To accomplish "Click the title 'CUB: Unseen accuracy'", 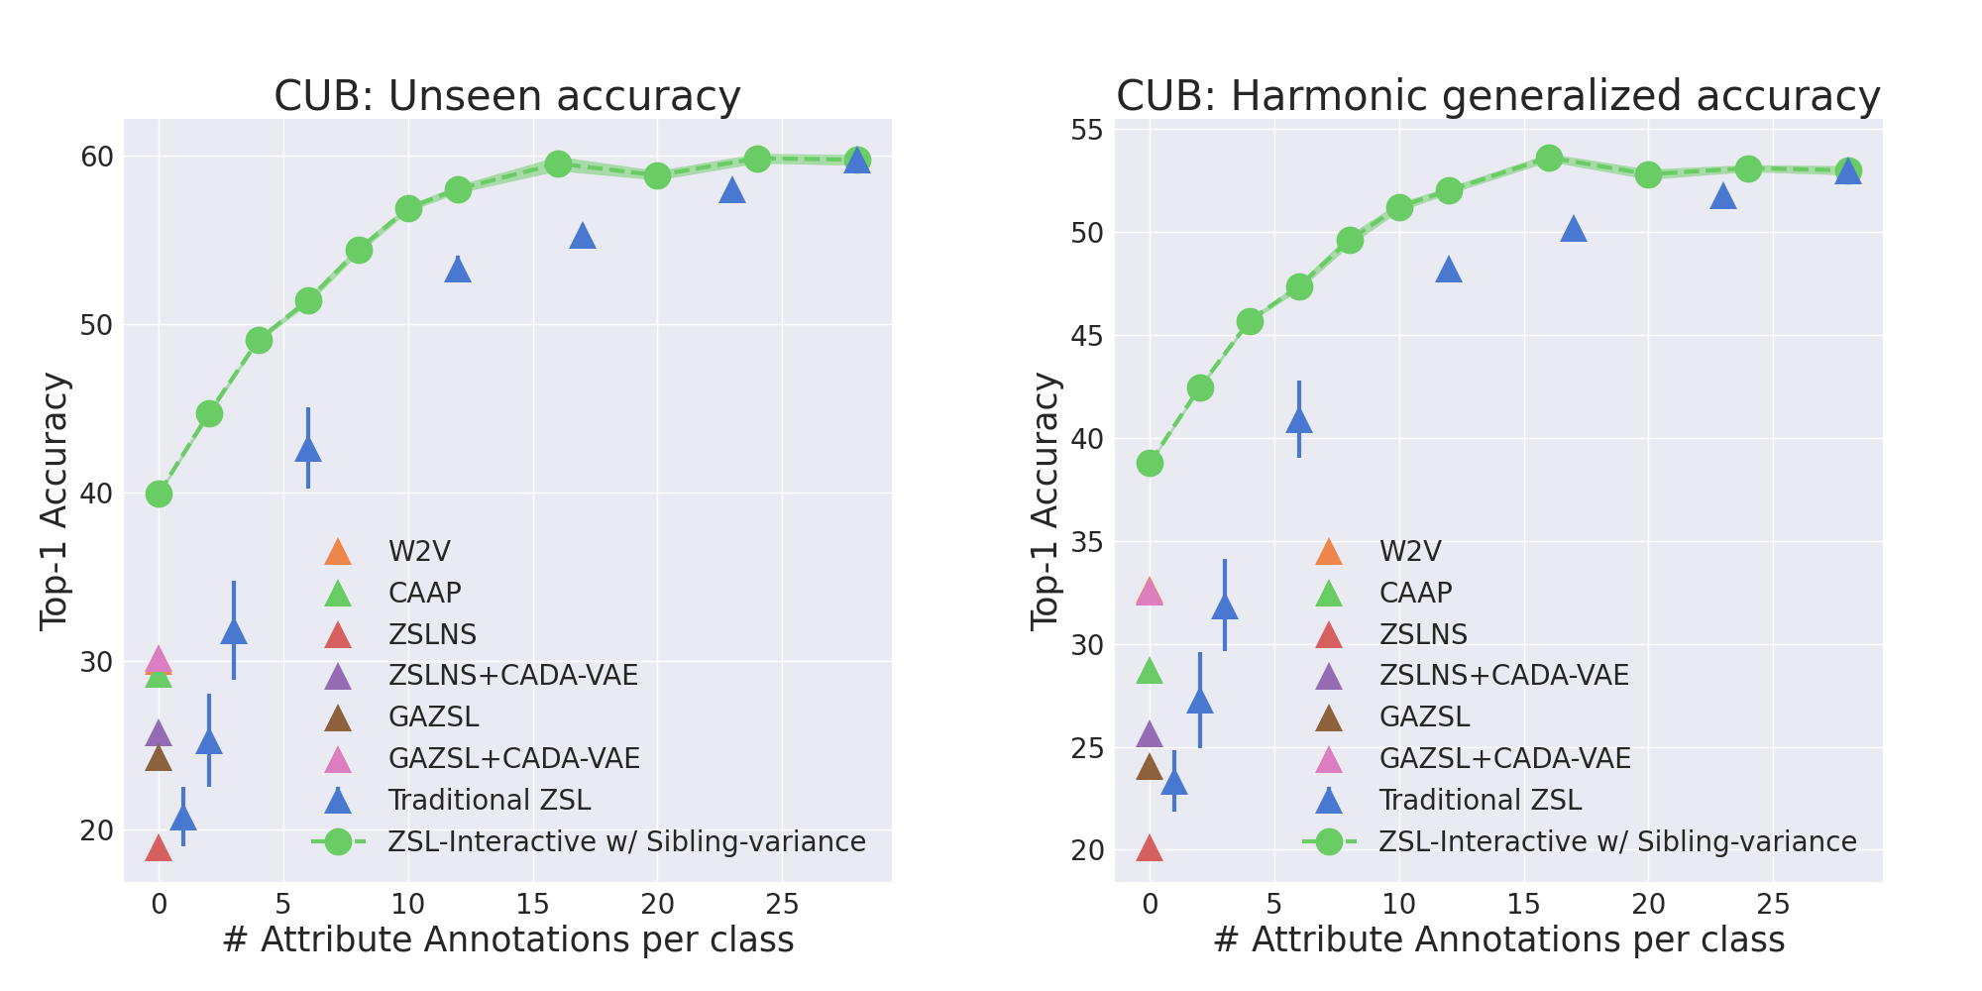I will click(506, 97).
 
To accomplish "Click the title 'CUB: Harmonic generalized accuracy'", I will click(1497, 97).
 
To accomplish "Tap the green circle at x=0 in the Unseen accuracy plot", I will click(159, 494).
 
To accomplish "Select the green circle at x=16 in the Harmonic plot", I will click(1549, 158).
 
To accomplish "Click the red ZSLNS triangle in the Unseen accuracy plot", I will click(159, 848).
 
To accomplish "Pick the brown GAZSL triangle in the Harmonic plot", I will click(1150, 767).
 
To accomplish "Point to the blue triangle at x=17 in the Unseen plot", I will click(583, 236).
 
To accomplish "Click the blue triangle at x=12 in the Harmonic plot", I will click(1449, 270).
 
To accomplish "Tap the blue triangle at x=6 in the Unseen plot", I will click(308, 449).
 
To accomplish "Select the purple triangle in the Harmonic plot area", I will click(1150, 734).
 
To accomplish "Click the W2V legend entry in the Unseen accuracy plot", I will click(419, 552).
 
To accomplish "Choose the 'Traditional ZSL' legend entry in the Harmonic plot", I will click(1480, 800).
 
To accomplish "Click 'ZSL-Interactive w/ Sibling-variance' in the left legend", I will click(626, 841).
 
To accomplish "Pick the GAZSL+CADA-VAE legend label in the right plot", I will click(1504, 759).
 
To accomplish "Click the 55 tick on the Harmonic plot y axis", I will click(1088, 130).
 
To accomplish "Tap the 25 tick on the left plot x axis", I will click(782, 904).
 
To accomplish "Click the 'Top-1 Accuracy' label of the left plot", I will click(55, 500).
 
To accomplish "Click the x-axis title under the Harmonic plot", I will click(1498, 940).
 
